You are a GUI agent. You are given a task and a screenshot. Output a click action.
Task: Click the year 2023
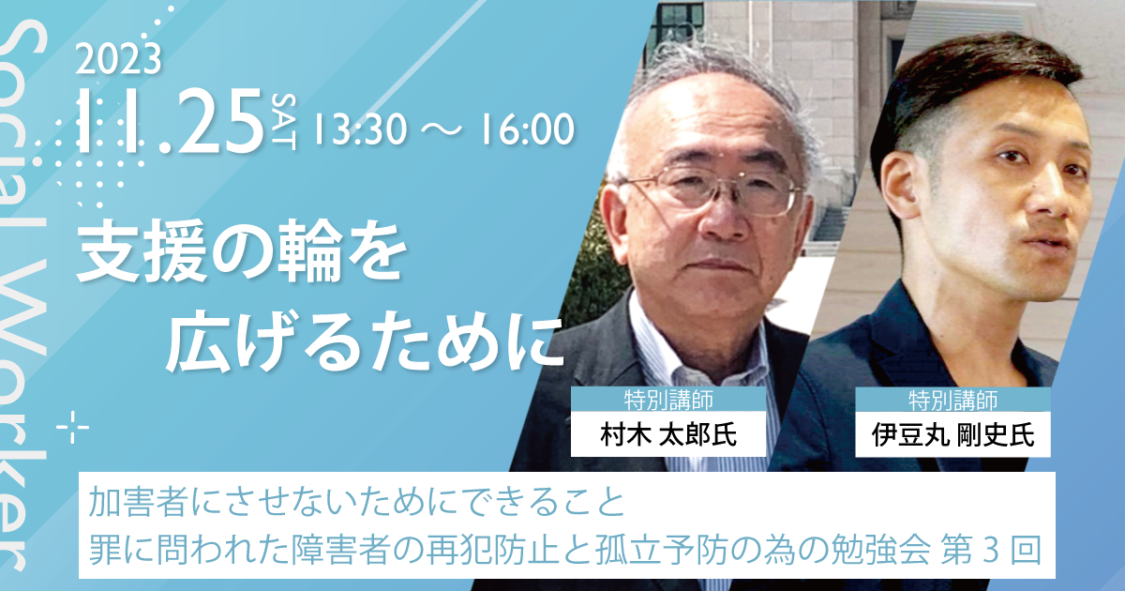[118, 59]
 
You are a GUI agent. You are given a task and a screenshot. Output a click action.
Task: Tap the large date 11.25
[172, 122]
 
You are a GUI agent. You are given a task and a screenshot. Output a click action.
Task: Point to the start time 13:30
[359, 129]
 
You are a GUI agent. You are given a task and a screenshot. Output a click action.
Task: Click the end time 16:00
[527, 129]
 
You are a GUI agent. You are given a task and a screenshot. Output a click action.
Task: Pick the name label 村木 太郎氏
[668, 434]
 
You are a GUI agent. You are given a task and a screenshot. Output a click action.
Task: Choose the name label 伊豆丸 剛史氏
[952, 434]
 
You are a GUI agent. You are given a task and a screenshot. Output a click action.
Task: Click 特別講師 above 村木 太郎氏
[668, 400]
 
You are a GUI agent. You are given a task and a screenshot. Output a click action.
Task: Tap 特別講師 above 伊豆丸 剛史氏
[952, 400]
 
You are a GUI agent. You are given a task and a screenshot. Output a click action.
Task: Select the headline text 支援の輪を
[241, 251]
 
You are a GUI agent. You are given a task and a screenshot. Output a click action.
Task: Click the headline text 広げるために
[365, 341]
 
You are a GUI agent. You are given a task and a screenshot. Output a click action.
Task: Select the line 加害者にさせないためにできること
[356, 503]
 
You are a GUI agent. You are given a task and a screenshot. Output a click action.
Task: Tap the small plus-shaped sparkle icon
[73, 427]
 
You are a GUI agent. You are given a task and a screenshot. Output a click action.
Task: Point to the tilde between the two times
[442, 129]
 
